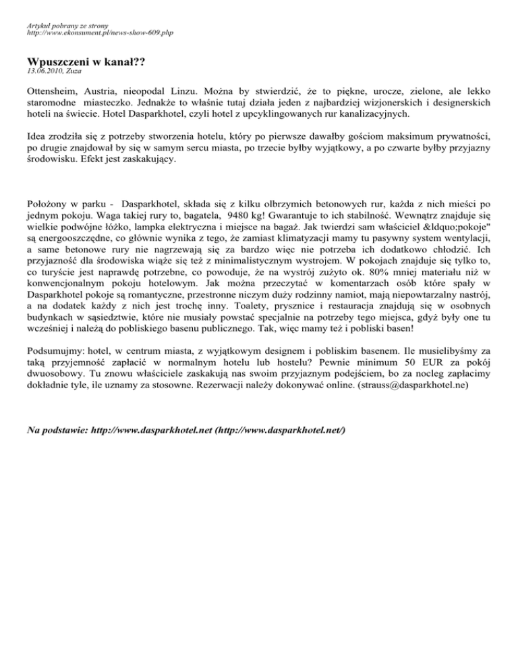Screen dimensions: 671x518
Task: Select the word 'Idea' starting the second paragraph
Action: (x=38, y=137)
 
